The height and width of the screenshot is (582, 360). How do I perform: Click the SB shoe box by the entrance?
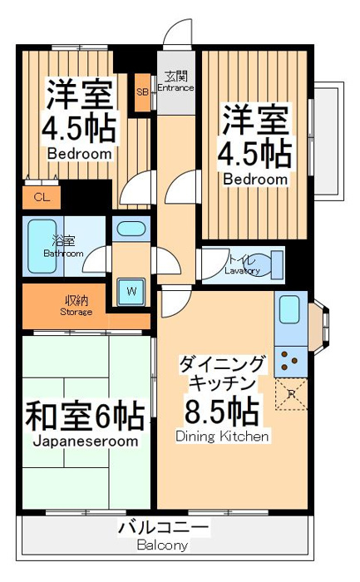tap(142, 93)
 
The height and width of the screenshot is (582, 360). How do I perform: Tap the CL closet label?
tap(42, 198)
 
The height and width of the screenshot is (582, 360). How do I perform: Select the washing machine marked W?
tap(131, 292)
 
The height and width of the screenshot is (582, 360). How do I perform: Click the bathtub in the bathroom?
tap(42, 246)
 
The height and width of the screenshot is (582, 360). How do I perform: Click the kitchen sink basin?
tap(289, 309)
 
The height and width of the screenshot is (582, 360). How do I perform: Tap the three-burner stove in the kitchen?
tap(290, 360)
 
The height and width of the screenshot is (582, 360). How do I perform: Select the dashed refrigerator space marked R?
tap(291, 394)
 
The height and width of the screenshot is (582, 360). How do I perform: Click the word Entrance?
tap(175, 88)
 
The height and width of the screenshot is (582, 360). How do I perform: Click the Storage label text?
tap(76, 312)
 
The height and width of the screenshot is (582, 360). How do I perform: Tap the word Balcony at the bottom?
tap(162, 545)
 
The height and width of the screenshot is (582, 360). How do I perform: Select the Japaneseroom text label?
tap(86, 441)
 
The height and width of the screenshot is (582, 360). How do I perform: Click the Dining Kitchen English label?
tap(222, 436)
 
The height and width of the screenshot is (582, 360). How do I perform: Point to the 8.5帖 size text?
tap(221, 411)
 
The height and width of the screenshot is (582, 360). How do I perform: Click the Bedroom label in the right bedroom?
tap(255, 180)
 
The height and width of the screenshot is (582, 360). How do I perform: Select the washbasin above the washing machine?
tap(131, 229)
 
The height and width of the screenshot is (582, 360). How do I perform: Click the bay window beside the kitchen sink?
tap(318, 323)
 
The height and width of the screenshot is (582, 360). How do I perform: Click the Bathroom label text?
tap(63, 254)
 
